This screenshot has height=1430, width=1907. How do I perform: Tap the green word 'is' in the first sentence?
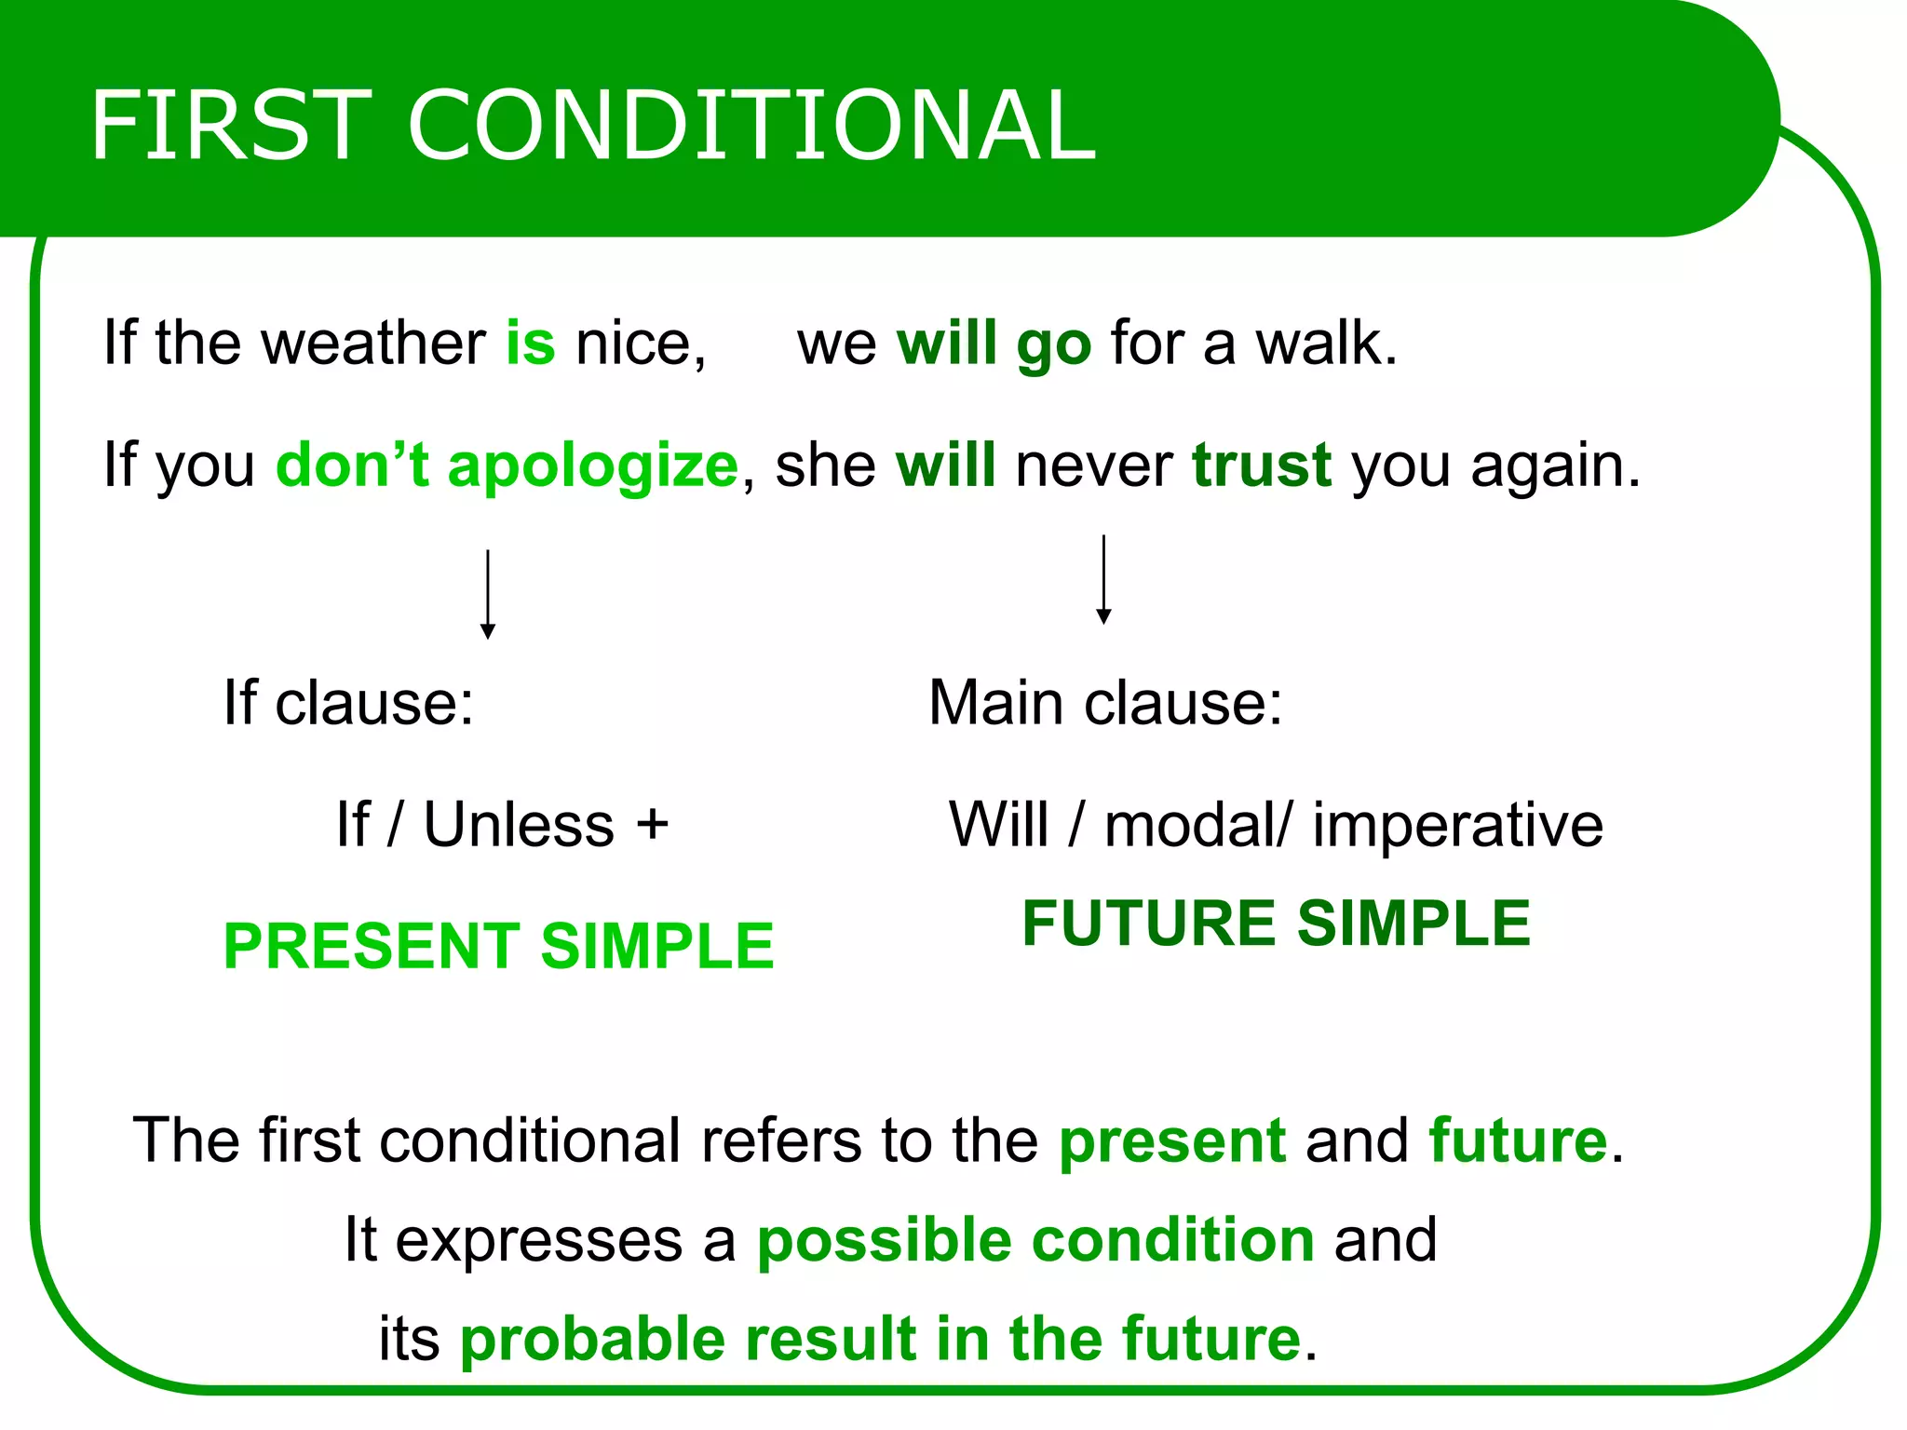pos(530,343)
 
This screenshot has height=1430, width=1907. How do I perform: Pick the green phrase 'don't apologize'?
pos(507,465)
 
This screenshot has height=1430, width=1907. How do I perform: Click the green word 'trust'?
pos(1261,465)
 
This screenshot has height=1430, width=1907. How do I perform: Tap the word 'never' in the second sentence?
pos(1093,465)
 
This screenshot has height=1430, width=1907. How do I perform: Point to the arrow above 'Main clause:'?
pos(1103,579)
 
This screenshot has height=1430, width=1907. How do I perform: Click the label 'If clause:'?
pos(348,702)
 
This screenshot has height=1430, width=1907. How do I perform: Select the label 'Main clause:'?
pos(1105,702)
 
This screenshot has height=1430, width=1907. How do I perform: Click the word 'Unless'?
pos(519,825)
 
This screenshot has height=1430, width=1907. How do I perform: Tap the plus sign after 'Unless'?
pos(652,825)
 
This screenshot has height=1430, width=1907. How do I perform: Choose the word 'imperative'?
pos(1457,826)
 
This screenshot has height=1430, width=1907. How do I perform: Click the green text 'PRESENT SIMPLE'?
pos(498,946)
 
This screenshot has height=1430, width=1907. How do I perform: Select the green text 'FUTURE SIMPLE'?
pos(1276,924)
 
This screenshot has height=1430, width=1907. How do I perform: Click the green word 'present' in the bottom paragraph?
pos(1171,1140)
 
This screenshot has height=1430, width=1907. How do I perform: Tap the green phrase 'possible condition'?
pos(1035,1240)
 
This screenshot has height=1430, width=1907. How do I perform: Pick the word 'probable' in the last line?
pos(592,1339)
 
